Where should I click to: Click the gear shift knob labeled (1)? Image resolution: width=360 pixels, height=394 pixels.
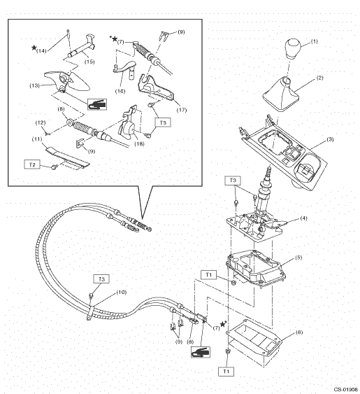point(293,49)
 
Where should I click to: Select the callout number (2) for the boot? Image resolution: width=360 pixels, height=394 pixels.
point(320,78)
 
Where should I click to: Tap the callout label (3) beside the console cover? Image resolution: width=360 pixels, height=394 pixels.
point(330,139)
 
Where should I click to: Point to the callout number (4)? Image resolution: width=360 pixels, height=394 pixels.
point(304,218)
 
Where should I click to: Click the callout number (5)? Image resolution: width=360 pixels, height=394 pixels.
point(298,258)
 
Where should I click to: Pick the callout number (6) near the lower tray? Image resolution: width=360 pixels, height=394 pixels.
point(299,332)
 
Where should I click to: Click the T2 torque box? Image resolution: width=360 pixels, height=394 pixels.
point(32,165)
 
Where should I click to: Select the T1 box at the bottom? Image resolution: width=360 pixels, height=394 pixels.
point(226,372)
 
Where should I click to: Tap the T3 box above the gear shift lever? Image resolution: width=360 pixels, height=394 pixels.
point(233,181)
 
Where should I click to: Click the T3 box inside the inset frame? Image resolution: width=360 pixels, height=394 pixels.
point(163,122)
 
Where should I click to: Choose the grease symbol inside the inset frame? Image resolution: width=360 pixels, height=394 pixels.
point(97,104)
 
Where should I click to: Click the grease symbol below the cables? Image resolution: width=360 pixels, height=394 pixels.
point(201,352)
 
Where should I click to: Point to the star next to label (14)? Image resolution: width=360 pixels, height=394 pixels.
point(34,48)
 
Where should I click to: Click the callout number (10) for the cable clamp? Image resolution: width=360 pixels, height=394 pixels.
point(122,293)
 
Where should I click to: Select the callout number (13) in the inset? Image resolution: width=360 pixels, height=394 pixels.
point(35,85)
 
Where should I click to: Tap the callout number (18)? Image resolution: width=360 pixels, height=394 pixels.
point(139,143)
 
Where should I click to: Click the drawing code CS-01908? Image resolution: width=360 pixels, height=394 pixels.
point(346,390)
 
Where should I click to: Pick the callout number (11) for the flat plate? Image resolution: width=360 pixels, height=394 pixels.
point(37,139)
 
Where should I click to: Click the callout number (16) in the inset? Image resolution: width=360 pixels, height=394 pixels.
point(120,91)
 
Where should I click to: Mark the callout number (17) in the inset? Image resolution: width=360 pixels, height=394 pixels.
point(182,110)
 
